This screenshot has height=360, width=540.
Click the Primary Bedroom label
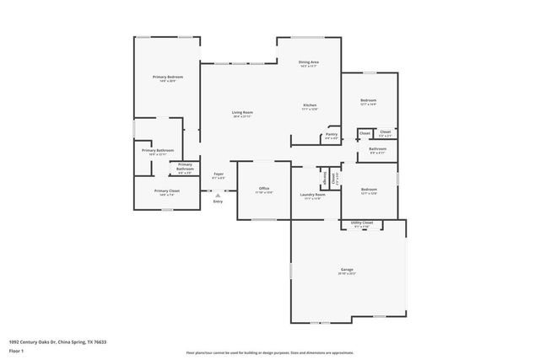(168, 77)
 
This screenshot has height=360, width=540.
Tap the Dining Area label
(308, 62)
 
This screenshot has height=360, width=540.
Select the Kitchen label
(310, 105)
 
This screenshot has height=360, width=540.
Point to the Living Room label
(243, 112)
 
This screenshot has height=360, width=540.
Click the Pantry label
(332, 134)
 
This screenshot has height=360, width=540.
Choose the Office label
(264, 188)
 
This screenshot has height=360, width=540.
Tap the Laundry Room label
(312, 195)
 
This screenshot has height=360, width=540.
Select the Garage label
(346, 270)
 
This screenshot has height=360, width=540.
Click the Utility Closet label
(360, 223)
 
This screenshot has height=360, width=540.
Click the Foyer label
(218, 174)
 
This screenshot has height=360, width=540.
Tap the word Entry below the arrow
(218, 201)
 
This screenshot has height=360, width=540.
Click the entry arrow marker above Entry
(218, 194)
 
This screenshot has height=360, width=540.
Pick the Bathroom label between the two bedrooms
(377, 149)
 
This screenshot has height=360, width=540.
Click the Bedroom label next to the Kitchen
(368, 100)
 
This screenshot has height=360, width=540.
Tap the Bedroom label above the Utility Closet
(368, 189)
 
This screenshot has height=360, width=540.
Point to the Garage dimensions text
(346, 275)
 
